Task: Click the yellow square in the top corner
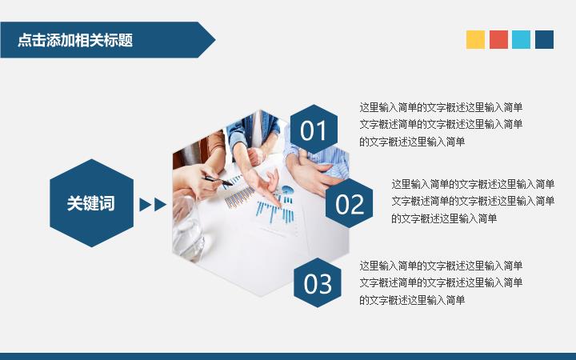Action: click(x=475, y=40)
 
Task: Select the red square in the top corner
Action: click(x=498, y=40)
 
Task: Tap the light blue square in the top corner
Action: click(x=522, y=40)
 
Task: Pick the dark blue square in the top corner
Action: click(x=545, y=40)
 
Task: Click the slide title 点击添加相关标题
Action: click(x=75, y=40)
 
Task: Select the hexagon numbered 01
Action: click(x=314, y=130)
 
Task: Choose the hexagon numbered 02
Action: click(x=349, y=203)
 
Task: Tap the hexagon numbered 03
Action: click(x=318, y=283)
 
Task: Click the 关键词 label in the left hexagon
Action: click(x=91, y=203)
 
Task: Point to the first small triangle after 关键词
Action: click(x=145, y=205)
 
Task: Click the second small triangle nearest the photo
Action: click(x=160, y=205)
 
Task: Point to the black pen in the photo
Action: click(x=218, y=180)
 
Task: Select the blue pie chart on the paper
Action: click(x=288, y=190)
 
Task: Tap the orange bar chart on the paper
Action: click(x=239, y=198)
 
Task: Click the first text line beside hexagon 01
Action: click(x=441, y=108)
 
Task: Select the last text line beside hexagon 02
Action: click(x=444, y=218)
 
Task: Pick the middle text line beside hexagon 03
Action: click(x=441, y=283)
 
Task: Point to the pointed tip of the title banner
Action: click(x=215, y=40)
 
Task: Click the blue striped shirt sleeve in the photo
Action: click(x=323, y=156)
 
